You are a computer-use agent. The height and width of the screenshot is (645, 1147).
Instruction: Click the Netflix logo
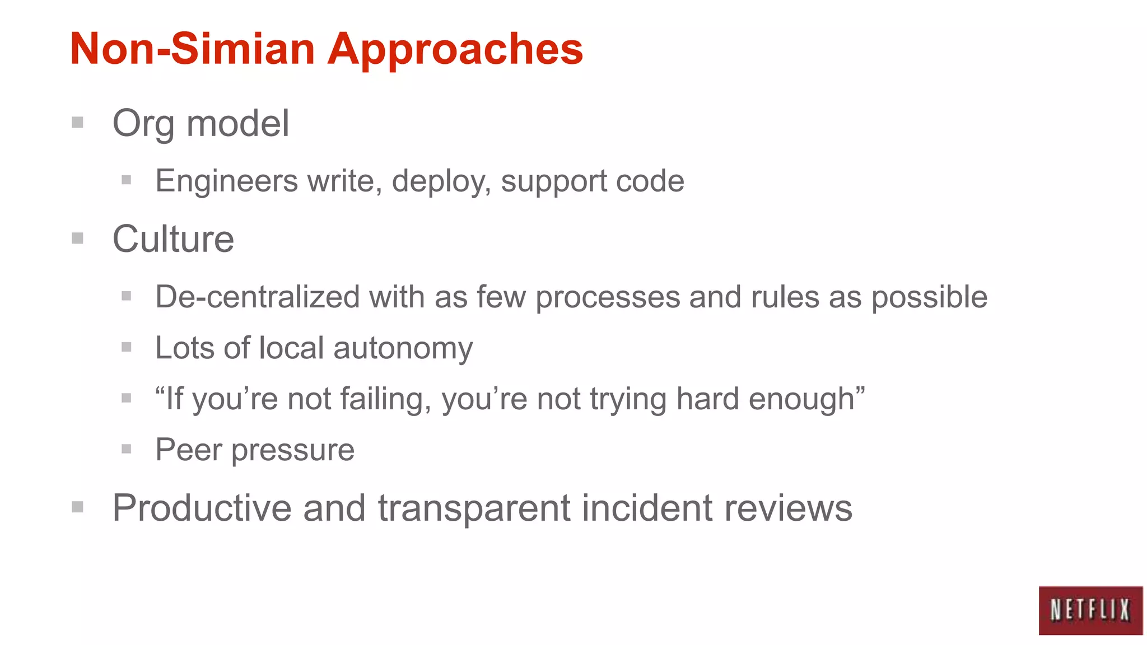coord(1090,610)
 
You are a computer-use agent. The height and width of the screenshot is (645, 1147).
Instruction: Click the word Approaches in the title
coord(455,49)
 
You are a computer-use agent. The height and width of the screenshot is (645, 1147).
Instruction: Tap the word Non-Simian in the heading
coord(193,49)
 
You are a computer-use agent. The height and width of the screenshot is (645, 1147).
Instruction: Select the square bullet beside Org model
coord(78,122)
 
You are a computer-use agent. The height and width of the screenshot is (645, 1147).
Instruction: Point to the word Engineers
coord(226,181)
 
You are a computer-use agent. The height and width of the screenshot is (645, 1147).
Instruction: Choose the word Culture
coord(173,239)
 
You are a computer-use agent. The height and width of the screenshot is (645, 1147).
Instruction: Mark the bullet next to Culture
coord(78,239)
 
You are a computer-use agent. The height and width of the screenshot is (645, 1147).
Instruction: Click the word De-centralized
coord(257,297)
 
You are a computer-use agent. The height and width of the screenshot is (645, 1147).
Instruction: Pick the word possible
coord(929,297)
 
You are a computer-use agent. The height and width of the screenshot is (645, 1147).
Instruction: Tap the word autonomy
coord(403,349)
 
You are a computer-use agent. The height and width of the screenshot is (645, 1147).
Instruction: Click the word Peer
coord(188,450)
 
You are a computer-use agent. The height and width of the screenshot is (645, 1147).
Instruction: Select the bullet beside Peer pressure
coord(127,449)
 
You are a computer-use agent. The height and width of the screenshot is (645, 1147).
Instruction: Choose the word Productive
coord(202,508)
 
